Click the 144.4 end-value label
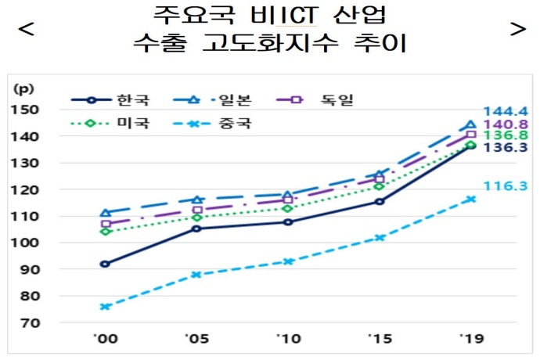(504, 111)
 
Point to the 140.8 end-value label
(504, 124)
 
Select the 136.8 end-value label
(504, 136)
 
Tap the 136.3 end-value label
(504, 148)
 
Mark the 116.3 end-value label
(504, 187)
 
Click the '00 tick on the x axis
(106, 340)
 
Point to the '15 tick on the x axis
(379, 340)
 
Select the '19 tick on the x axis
(470, 340)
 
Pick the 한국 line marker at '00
(105, 264)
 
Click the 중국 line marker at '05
(196, 275)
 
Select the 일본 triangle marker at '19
(470, 124)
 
